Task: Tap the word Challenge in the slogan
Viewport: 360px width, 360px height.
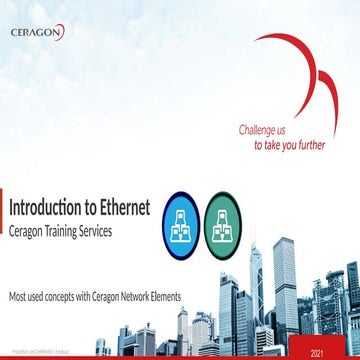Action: [257, 130]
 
